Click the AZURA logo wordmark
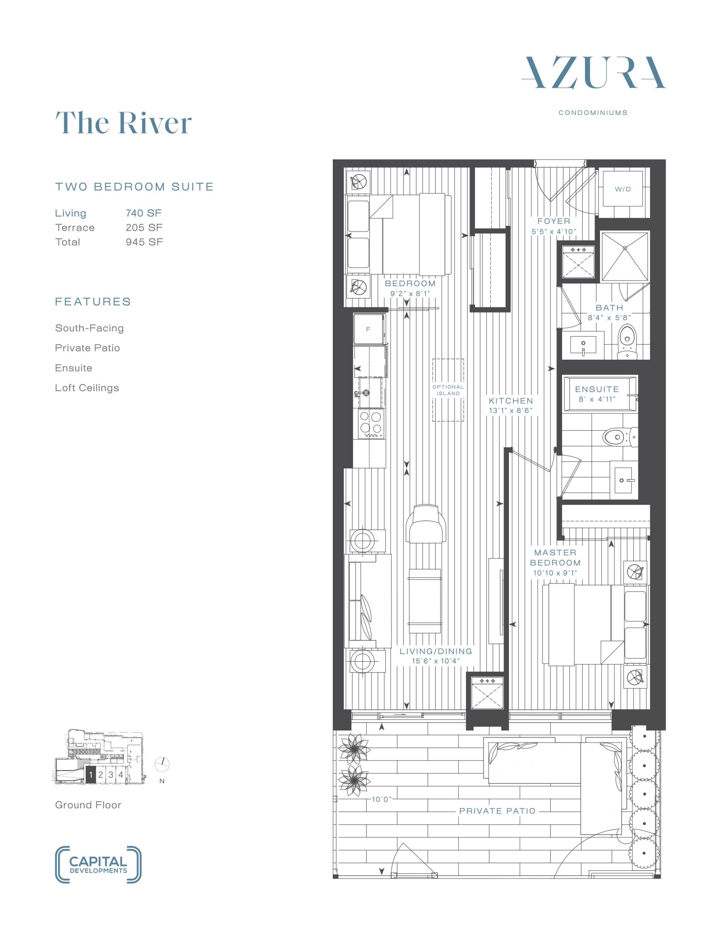click(593, 73)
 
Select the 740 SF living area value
click(144, 213)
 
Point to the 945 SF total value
click(144, 242)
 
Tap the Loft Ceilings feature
click(87, 388)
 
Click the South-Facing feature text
click(89, 328)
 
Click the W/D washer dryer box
click(623, 189)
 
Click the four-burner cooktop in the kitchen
click(371, 423)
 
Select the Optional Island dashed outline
click(448, 390)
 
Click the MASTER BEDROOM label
click(555, 557)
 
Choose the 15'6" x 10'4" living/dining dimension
click(436, 661)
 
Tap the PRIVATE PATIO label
click(498, 811)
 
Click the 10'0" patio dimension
click(381, 799)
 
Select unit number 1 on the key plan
click(91, 775)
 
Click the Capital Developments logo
click(98, 865)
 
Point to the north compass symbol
click(163, 764)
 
